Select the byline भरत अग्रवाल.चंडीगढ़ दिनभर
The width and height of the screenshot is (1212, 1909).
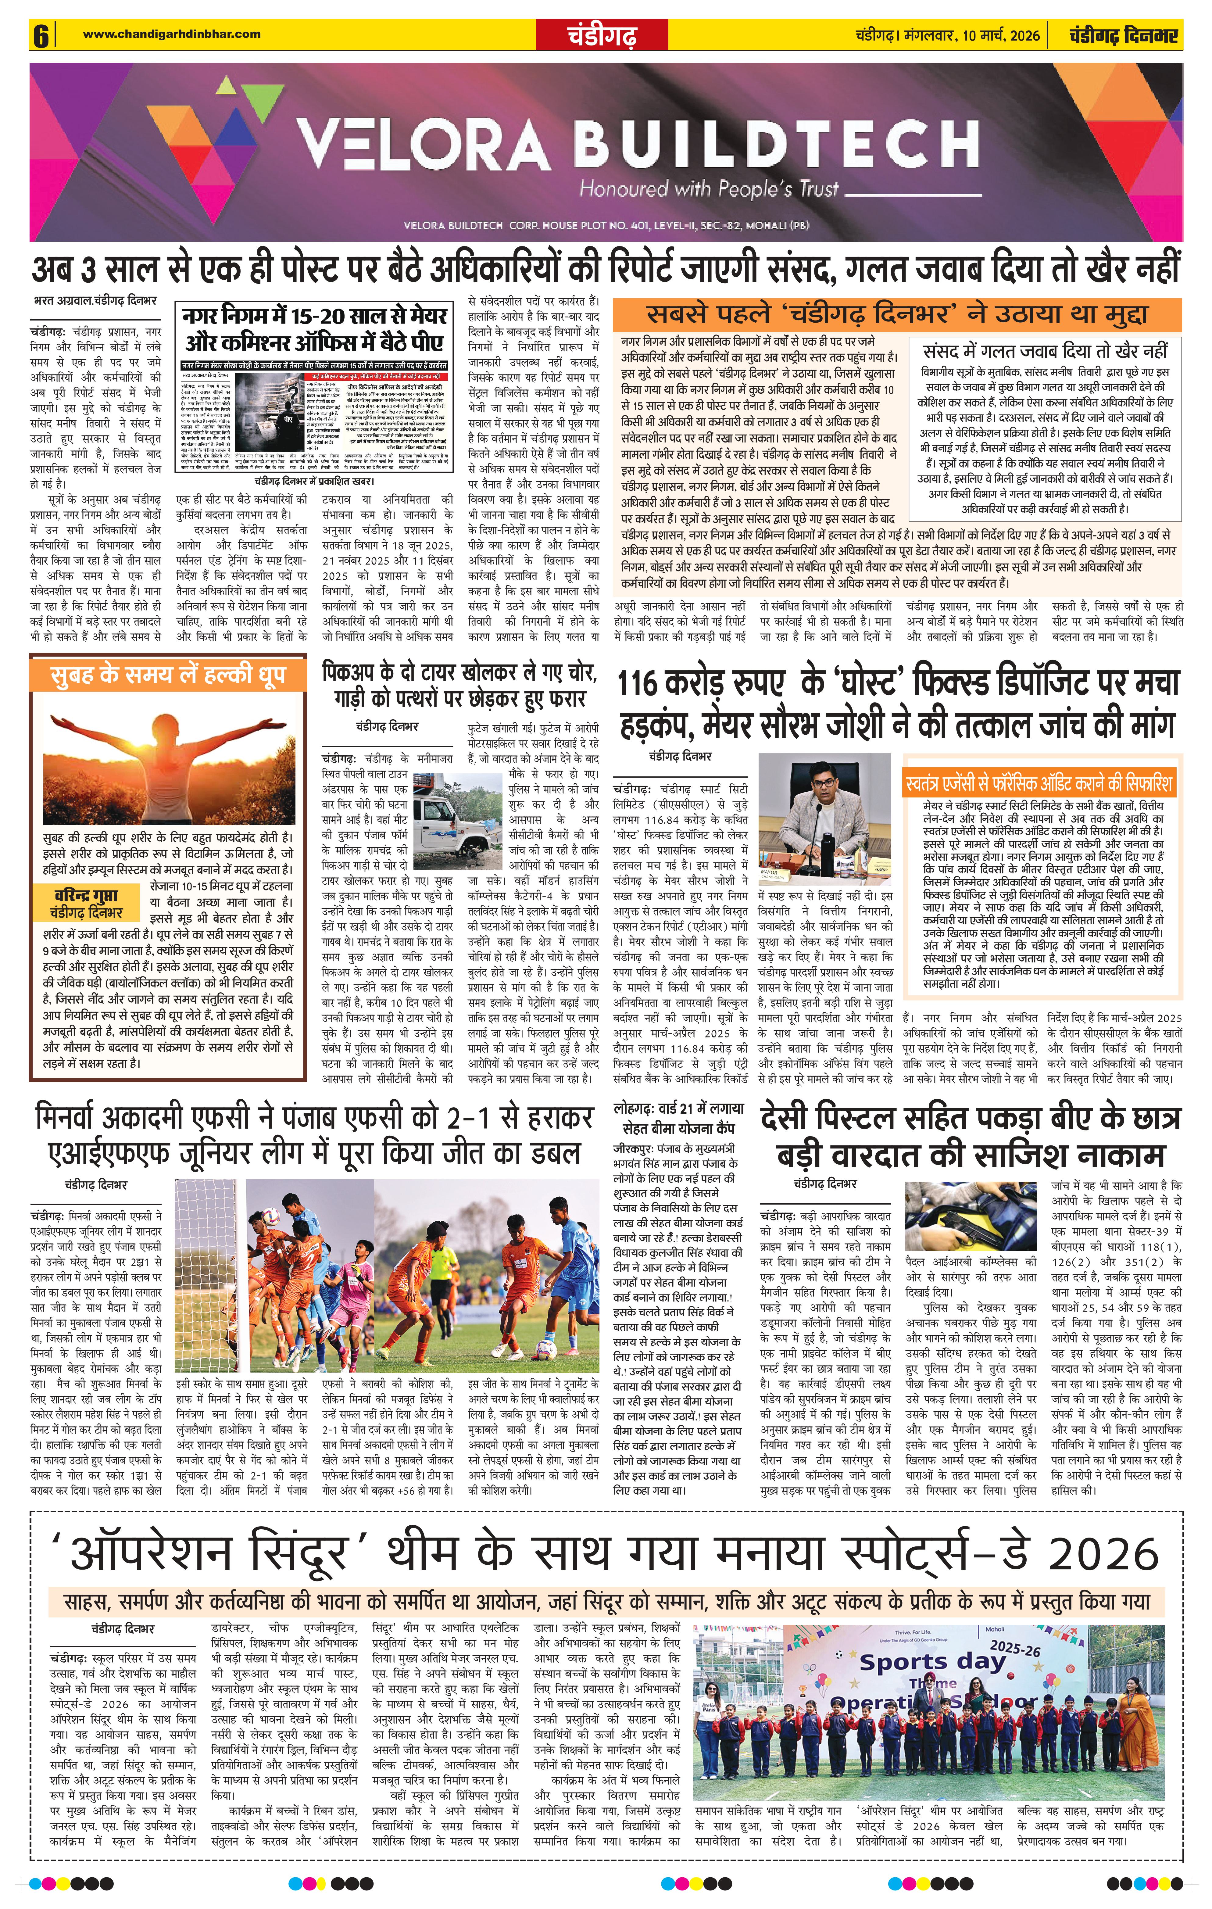95,301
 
